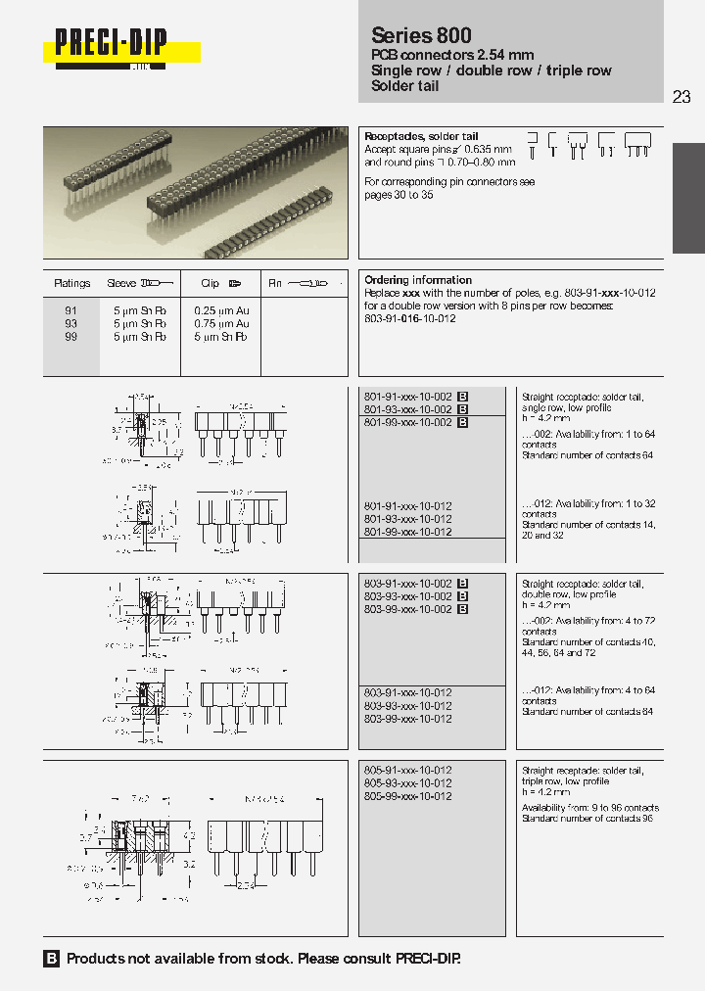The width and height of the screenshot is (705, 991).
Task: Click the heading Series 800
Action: (421, 35)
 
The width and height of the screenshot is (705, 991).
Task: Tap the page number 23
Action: (681, 96)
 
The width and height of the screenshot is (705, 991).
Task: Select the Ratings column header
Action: (71, 284)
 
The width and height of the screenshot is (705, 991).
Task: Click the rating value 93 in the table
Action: (70, 323)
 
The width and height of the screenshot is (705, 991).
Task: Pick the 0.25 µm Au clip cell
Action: (221, 310)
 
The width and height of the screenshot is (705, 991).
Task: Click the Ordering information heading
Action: (418, 280)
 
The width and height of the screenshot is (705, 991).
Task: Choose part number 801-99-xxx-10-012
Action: (407, 532)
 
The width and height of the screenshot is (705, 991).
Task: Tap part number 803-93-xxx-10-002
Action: (407, 596)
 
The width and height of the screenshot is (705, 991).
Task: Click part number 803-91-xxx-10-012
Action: (407, 692)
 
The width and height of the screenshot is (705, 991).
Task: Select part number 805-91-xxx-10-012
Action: (407, 771)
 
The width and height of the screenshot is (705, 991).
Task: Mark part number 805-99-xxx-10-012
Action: (407, 796)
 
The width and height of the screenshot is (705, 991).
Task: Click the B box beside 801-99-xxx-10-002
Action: (463, 422)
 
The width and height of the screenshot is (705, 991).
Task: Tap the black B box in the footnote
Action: (52, 959)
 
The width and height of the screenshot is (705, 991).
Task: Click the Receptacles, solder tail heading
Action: (421, 136)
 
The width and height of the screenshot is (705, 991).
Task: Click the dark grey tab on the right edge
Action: (687, 197)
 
